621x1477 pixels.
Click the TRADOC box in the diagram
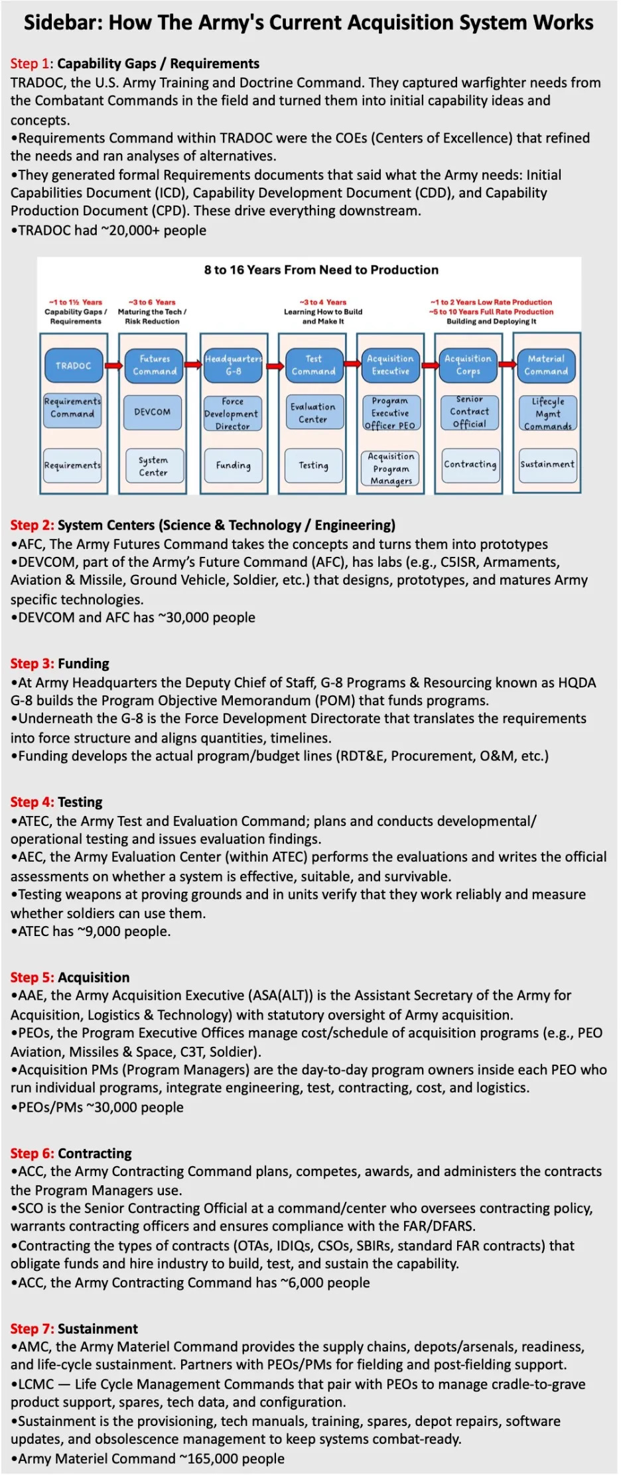point(74,365)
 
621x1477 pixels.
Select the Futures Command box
point(154,365)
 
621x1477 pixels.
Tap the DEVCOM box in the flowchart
point(153,412)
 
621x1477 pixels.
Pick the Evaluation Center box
point(312,413)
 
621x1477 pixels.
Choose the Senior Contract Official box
point(469,412)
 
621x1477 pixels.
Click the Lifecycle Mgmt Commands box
point(547,414)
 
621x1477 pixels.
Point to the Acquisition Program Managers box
point(391,469)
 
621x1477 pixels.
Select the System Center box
point(153,466)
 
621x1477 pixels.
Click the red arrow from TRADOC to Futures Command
point(114,365)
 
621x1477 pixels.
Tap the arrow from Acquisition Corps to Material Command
point(507,365)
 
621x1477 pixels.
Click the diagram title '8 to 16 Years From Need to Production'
point(321,270)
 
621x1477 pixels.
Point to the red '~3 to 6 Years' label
point(152,302)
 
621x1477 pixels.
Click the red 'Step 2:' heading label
point(32,525)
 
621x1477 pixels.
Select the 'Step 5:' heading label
point(32,977)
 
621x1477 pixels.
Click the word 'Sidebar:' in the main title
point(63,23)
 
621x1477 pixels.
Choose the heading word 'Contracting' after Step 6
point(95,1153)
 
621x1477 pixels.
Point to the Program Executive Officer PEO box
point(390,413)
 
